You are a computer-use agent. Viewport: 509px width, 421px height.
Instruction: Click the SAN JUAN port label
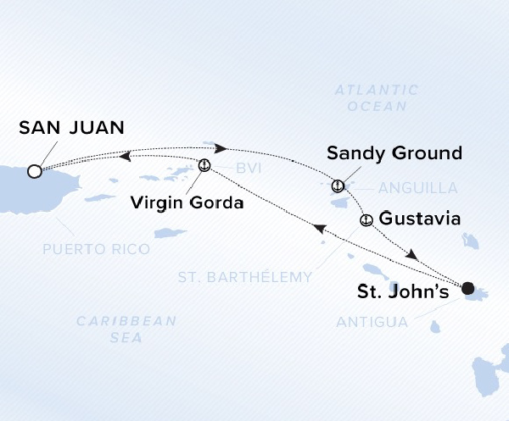point(70,128)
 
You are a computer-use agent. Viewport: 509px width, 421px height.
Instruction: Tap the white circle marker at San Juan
point(34,171)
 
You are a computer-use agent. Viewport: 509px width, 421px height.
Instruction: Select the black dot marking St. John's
point(468,289)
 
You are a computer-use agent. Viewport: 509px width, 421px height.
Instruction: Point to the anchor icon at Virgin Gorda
point(204,165)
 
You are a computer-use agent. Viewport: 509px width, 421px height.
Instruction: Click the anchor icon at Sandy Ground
point(338,185)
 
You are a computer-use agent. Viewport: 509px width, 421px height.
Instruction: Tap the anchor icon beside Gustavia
point(366,220)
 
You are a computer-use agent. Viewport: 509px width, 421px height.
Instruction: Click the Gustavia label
point(420,219)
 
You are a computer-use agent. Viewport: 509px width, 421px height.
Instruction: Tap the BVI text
point(248,169)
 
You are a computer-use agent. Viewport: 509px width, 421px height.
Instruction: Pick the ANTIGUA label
point(372,322)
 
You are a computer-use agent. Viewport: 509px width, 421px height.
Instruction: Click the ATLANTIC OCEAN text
point(377,97)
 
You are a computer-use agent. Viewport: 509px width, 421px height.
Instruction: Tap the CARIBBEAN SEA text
point(126,329)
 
